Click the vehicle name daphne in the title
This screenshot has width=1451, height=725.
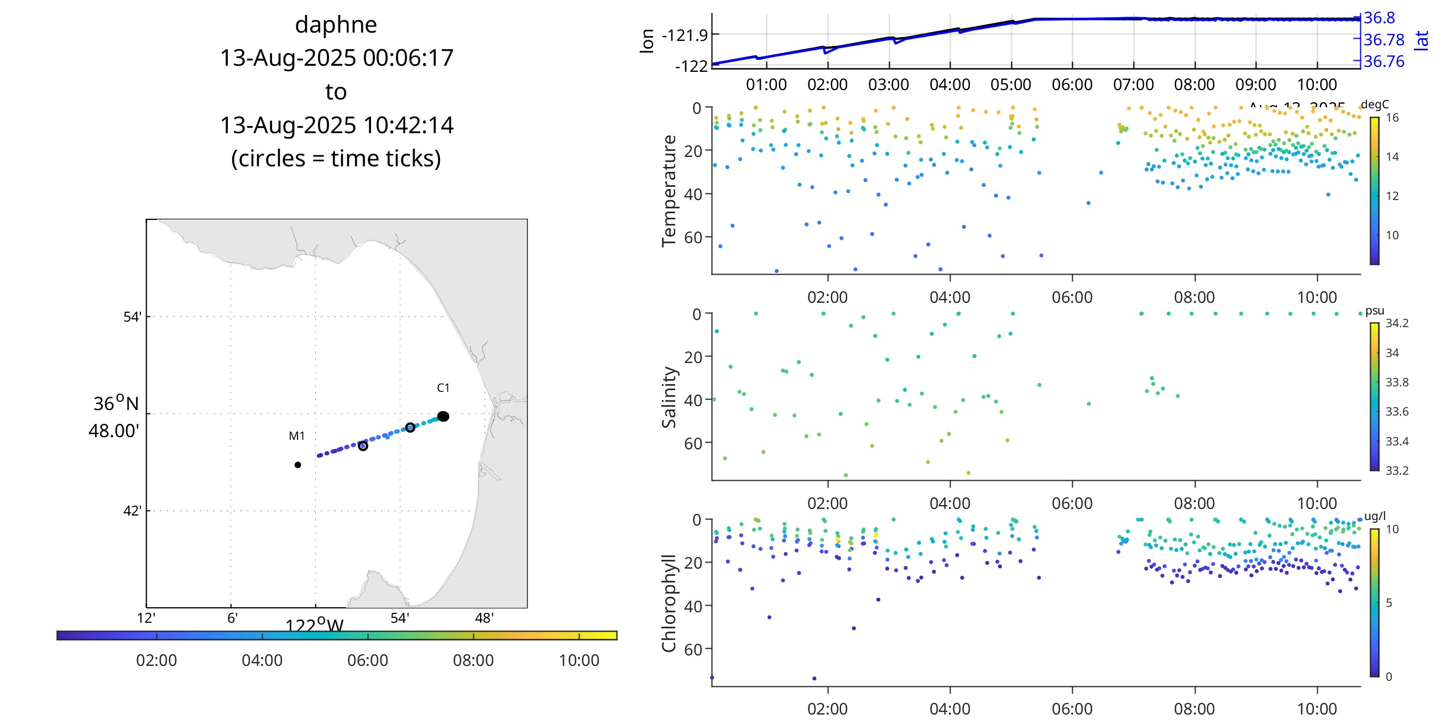(336, 25)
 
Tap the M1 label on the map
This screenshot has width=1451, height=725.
(296, 435)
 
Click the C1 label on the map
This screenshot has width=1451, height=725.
(443, 387)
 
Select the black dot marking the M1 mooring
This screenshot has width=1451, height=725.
(297, 465)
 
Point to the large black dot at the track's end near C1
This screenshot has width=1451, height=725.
(443, 417)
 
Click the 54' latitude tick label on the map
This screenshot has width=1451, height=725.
(132, 317)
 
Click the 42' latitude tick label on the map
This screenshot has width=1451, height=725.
(132, 511)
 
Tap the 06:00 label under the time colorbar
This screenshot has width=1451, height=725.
(367, 660)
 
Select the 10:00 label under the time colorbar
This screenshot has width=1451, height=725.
(578, 660)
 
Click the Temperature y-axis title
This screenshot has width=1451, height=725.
(669, 191)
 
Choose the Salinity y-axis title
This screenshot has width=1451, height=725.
(669, 397)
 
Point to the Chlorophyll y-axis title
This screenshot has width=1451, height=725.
(669, 603)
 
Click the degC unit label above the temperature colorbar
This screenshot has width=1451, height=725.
(1374, 104)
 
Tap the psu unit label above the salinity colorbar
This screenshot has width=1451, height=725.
(1374, 311)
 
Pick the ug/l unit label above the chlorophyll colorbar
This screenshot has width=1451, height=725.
(1375, 516)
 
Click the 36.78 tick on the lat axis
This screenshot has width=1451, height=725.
(1384, 40)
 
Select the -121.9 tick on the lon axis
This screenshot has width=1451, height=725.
(685, 35)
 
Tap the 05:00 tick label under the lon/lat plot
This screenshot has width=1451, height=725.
(1010, 85)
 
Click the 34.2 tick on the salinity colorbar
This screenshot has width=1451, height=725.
(1397, 323)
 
